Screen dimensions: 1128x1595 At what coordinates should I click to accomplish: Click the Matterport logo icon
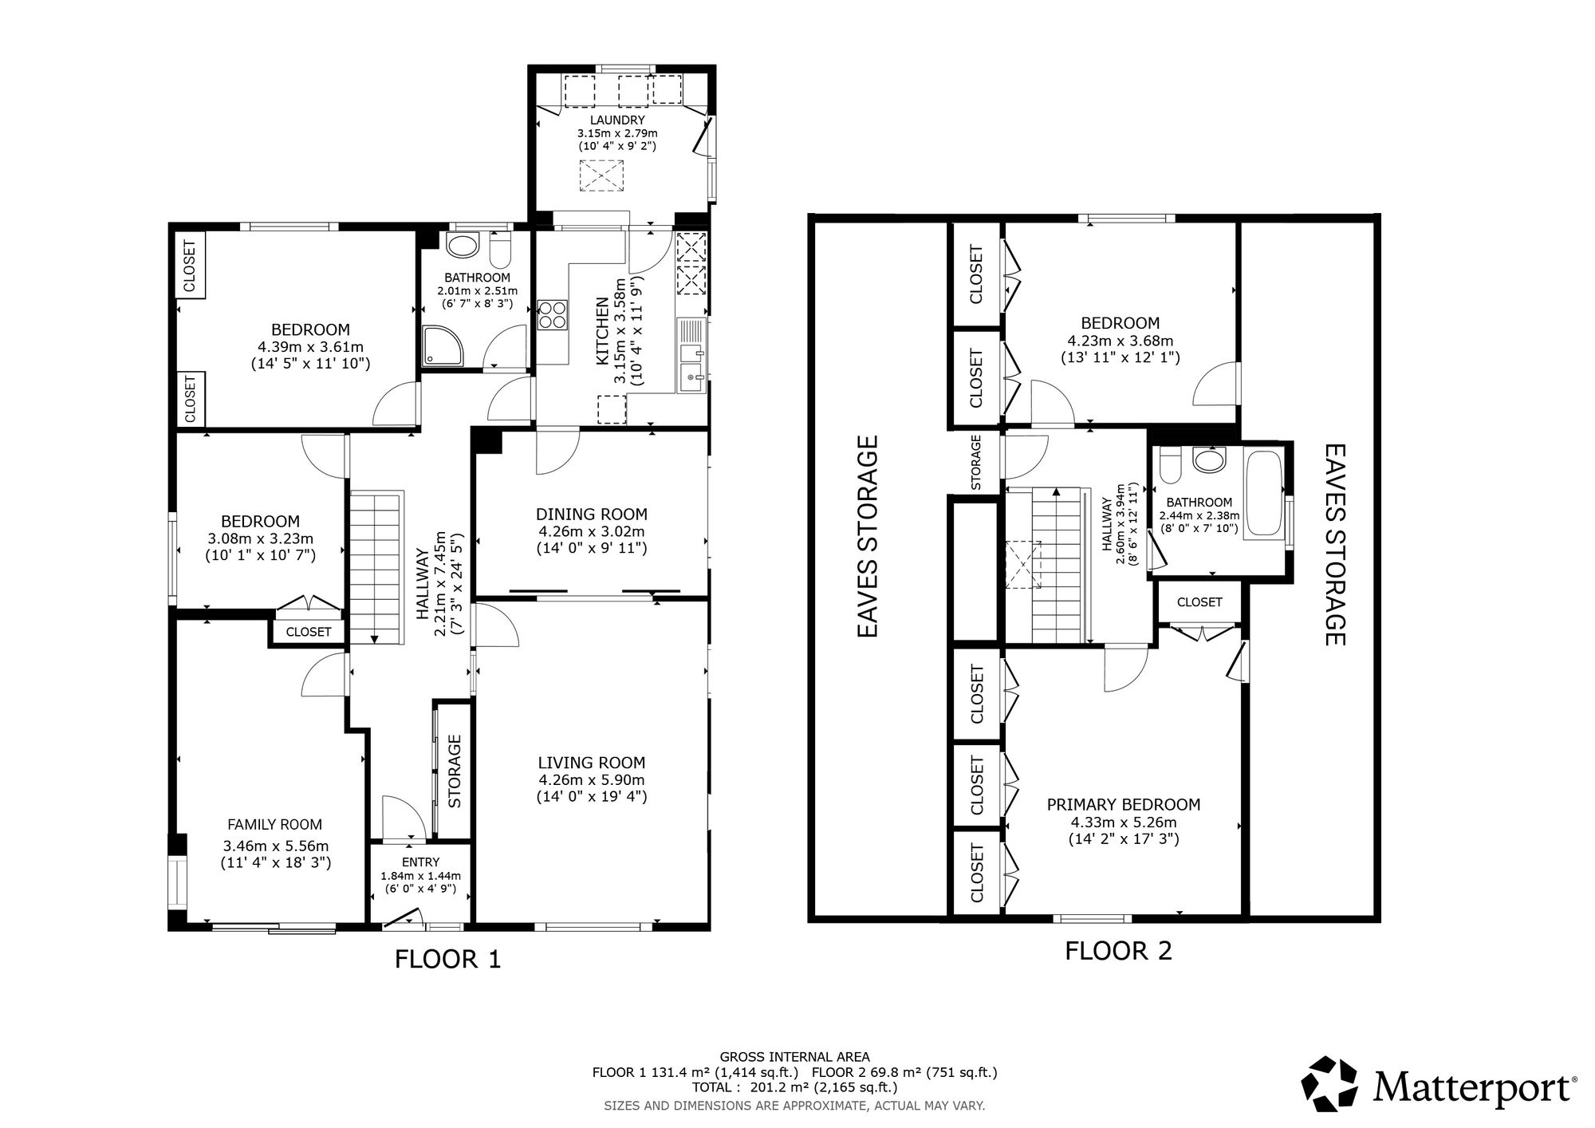pyautogui.click(x=1329, y=1083)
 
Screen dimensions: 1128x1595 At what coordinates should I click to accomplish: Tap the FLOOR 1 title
pyautogui.click(x=447, y=959)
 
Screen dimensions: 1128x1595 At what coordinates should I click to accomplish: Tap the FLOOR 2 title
pyautogui.click(x=1118, y=951)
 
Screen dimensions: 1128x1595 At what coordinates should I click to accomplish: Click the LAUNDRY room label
pyautogui.click(x=617, y=120)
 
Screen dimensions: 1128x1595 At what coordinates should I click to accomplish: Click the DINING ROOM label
pyautogui.click(x=591, y=515)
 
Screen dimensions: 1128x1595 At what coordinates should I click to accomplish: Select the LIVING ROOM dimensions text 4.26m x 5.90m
pyautogui.click(x=591, y=780)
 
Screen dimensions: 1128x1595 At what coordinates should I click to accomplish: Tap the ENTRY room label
pyautogui.click(x=420, y=862)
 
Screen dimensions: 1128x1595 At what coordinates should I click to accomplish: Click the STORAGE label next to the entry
pyautogui.click(x=455, y=771)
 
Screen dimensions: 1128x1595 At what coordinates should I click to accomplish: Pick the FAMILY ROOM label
pyautogui.click(x=274, y=825)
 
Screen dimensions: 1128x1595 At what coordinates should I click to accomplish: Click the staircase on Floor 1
pyautogui.click(x=375, y=566)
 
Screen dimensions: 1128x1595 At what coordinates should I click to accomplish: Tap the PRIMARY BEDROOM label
pyautogui.click(x=1123, y=804)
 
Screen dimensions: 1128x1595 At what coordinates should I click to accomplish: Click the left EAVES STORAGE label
pyautogui.click(x=868, y=536)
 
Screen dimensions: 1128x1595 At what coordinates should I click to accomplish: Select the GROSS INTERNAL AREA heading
pyautogui.click(x=794, y=1057)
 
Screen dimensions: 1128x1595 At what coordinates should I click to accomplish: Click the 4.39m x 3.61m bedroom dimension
pyautogui.click(x=310, y=347)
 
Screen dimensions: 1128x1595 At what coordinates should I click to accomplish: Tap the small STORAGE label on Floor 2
pyautogui.click(x=976, y=462)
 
